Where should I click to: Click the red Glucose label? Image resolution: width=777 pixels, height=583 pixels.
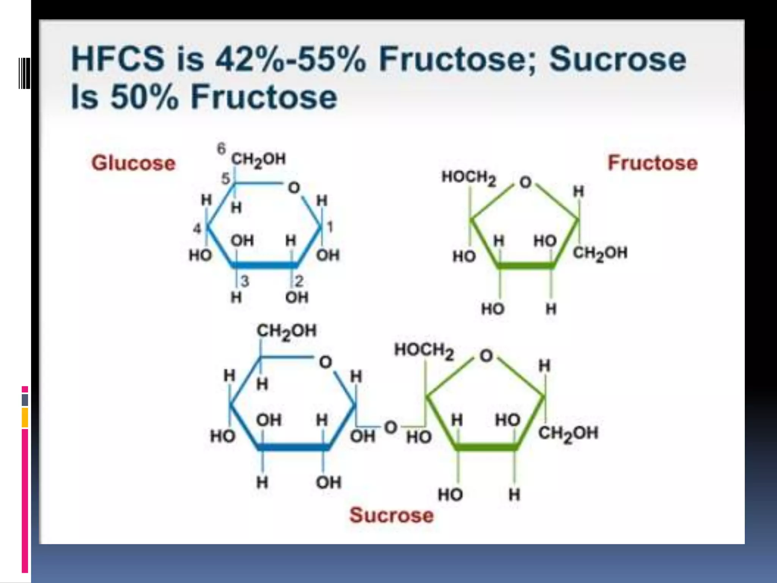[x=134, y=163]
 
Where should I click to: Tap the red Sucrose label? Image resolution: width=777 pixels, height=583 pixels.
[x=391, y=515]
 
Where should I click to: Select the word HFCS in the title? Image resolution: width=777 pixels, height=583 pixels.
[x=118, y=60]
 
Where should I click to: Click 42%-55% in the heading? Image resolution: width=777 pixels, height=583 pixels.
[x=291, y=60]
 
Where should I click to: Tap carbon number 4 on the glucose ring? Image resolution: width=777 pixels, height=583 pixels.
[x=197, y=228]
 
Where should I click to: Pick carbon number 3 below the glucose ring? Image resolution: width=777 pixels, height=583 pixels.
[x=245, y=281]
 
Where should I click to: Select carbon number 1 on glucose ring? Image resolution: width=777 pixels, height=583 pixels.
[x=330, y=227]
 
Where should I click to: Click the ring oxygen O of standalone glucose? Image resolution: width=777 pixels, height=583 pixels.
[x=294, y=188]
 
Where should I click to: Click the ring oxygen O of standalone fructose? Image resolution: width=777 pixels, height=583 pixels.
[x=525, y=183]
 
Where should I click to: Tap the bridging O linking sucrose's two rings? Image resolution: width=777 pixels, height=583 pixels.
[x=391, y=427]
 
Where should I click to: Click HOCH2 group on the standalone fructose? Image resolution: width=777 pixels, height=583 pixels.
[x=469, y=178]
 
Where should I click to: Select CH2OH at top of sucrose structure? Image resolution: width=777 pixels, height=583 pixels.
[x=286, y=331]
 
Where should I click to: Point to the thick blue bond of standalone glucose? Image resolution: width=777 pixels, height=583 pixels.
[x=264, y=265]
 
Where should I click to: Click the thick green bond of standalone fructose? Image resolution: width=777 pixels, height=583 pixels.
[x=525, y=265]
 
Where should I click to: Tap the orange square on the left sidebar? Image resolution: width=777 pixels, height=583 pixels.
[x=25, y=417]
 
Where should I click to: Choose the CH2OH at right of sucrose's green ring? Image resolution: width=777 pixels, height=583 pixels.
[x=568, y=433]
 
